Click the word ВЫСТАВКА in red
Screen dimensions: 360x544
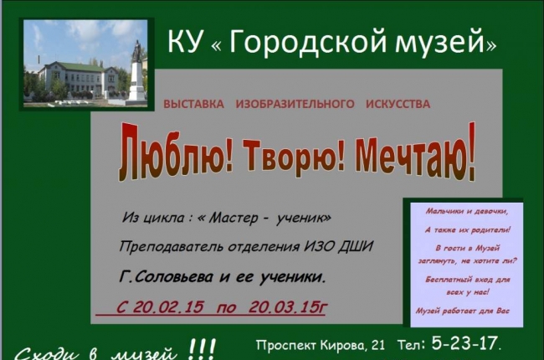[193, 105]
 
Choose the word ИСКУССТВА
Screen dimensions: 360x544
[398, 105]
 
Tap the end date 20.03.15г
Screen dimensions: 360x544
[288, 307]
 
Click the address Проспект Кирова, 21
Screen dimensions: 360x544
[321, 345]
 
